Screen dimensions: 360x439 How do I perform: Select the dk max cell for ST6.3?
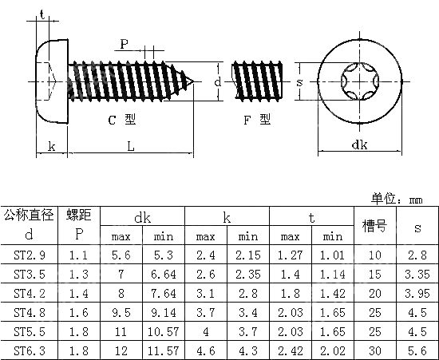[x=121, y=350]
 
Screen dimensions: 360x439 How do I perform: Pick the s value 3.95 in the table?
[x=417, y=293]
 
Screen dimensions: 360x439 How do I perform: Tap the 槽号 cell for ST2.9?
[x=375, y=255]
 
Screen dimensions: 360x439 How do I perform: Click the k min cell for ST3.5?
[x=247, y=274]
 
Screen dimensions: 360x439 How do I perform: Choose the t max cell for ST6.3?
[x=289, y=350]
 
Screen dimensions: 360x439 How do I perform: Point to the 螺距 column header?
[x=78, y=216]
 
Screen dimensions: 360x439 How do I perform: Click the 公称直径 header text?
[x=28, y=216]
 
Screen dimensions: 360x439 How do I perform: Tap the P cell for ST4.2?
[x=78, y=293]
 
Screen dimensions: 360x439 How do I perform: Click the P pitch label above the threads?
[x=124, y=43]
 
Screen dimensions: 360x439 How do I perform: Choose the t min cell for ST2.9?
[x=331, y=255]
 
